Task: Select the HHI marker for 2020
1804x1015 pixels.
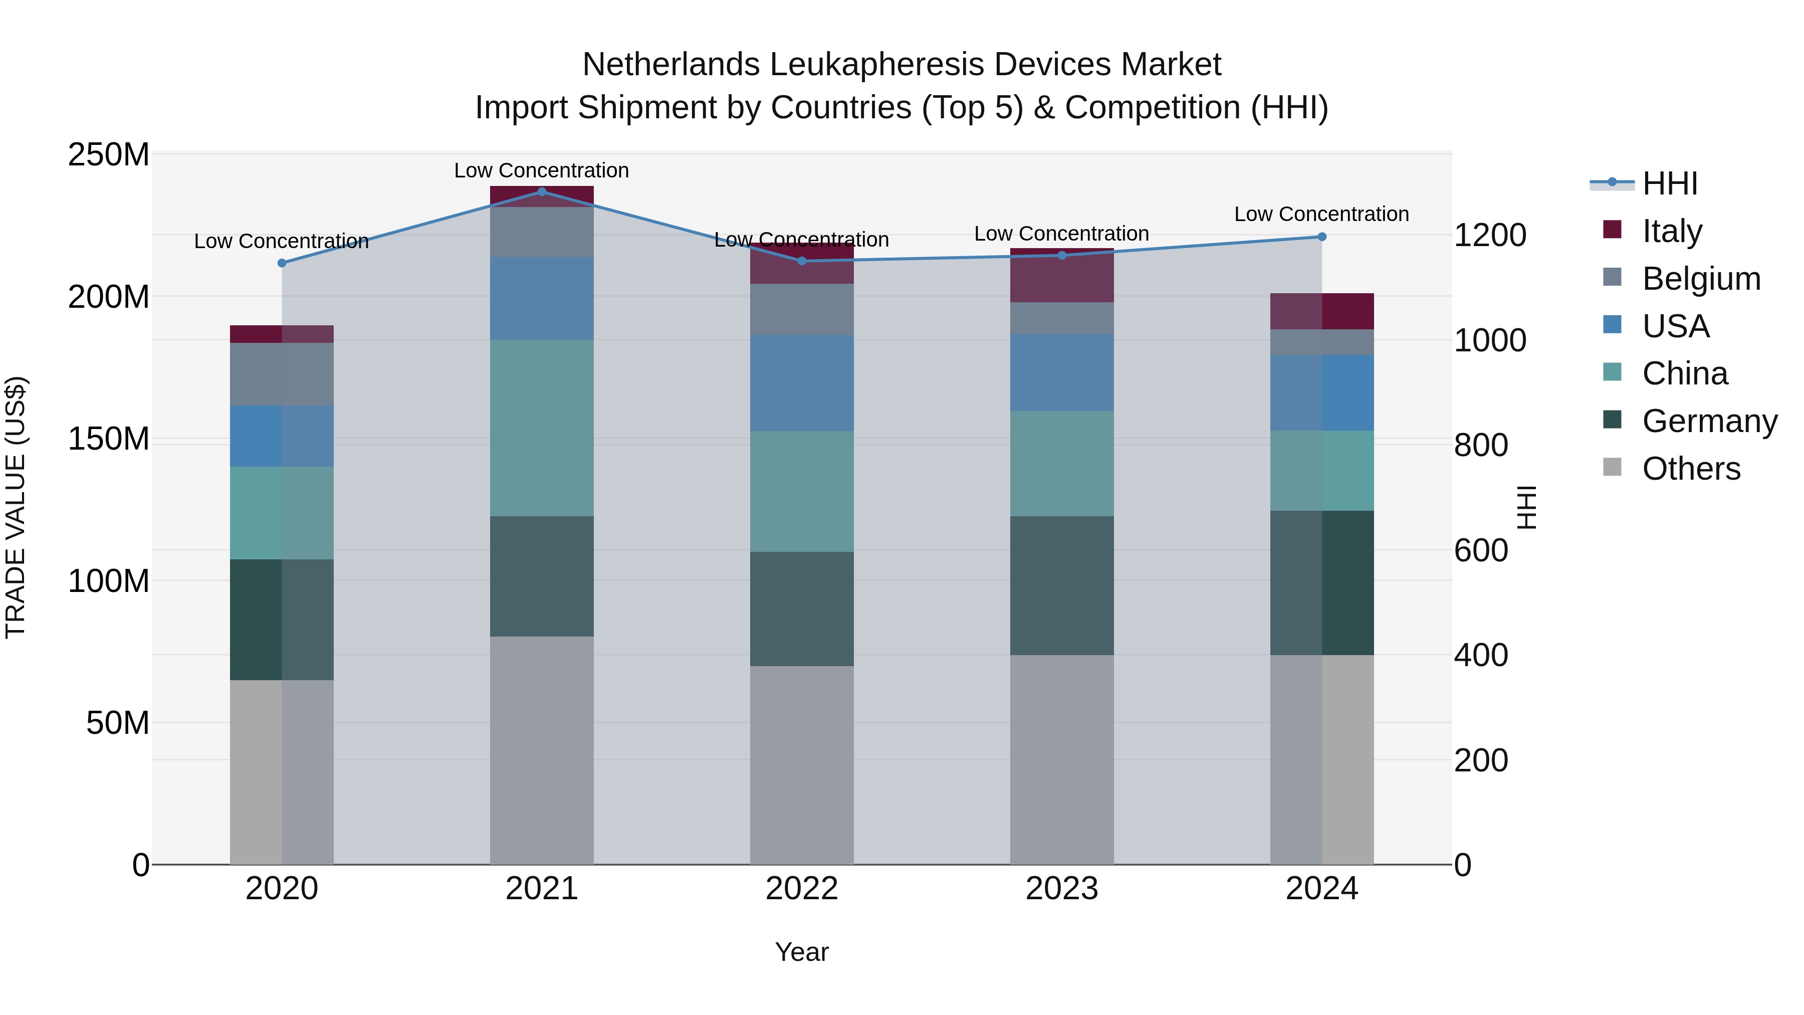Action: point(282,263)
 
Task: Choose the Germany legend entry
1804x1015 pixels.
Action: point(1709,421)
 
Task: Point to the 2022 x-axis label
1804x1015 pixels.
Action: point(801,889)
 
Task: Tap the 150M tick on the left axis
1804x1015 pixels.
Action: point(109,439)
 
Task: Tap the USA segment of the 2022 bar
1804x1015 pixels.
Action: point(801,382)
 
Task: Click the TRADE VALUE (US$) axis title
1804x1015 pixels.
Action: point(16,507)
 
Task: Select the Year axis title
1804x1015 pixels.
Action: point(801,952)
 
